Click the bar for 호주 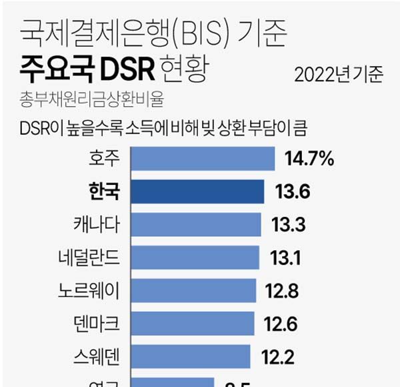203,159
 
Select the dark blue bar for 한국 197,191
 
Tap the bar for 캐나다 196,224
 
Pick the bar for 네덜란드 195,257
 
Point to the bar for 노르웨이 193,290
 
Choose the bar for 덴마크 192,323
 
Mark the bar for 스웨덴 190,356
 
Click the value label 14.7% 308,159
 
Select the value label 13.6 291,192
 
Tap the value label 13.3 288,225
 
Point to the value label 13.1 285,258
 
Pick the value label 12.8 283,291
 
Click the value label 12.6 281,324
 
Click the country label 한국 104,191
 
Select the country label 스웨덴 97,356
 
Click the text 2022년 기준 339,74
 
